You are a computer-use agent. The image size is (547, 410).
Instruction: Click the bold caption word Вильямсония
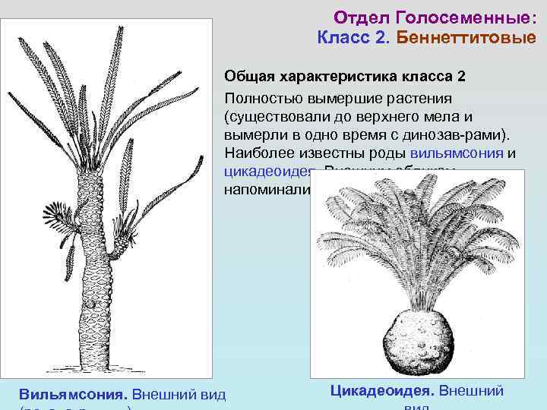[72, 395]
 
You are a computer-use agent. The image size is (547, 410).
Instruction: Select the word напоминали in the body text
[265, 189]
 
